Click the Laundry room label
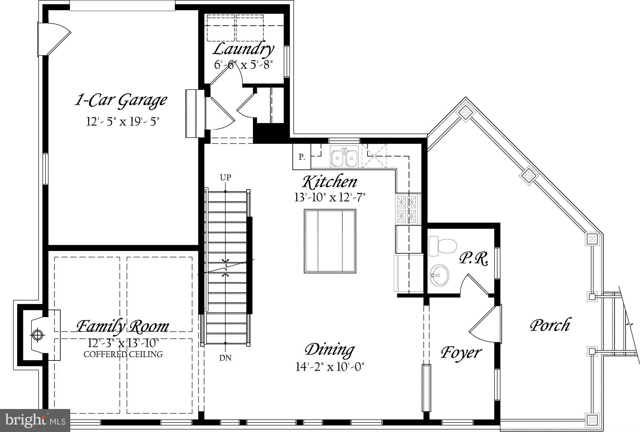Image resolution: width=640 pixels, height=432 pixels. point(243,49)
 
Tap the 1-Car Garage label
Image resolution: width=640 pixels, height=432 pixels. point(121,100)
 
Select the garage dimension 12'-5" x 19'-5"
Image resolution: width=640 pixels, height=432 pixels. point(123,122)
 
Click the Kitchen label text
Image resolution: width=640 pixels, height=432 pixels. point(330,182)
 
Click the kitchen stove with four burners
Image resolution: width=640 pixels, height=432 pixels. point(407,209)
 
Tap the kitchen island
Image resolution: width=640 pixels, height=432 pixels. point(330,241)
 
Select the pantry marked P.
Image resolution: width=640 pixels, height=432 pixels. point(302,157)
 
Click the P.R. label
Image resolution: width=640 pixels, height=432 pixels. point(474,259)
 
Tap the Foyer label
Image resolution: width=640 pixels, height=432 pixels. point(461,352)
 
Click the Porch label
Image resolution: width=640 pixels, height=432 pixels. point(550,325)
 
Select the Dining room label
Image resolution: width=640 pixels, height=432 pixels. point(330,349)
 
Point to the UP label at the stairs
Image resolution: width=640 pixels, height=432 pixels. point(225,177)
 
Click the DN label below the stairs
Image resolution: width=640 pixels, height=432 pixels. point(225,358)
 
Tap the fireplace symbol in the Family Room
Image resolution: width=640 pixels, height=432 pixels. point(38,335)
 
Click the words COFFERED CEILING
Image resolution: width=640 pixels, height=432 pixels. point(123,354)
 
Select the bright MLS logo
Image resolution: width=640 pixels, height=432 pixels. point(35,420)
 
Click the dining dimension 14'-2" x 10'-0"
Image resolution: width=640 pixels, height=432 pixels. point(330,367)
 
